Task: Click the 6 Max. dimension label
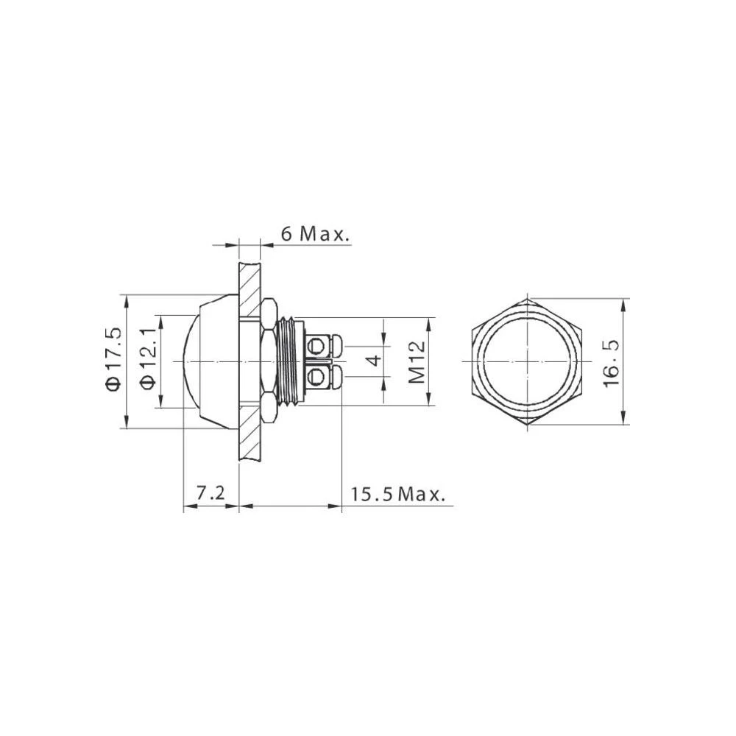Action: (314, 234)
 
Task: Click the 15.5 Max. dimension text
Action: (398, 494)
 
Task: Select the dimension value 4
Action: (375, 361)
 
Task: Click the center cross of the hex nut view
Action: (528, 362)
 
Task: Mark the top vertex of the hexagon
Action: (528, 299)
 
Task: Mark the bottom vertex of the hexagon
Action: (528, 425)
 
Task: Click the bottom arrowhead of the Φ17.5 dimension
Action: (127, 423)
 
